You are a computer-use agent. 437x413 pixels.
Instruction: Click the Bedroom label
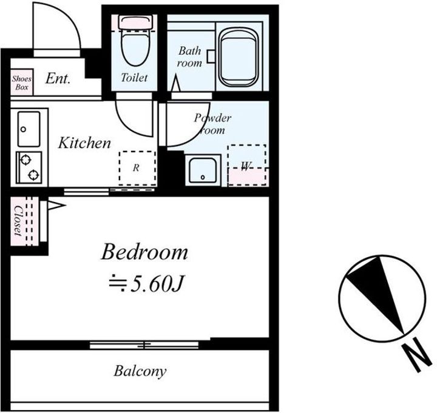[144, 252]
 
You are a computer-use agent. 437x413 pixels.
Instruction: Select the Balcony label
[140, 371]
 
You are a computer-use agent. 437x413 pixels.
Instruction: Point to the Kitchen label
[84, 143]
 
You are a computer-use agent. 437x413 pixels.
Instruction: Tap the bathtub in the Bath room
[238, 58]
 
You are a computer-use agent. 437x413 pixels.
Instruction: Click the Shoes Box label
[22, 82]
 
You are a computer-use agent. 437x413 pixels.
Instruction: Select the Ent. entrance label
[58, 78]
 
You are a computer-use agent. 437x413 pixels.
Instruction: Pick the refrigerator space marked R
[137, 168]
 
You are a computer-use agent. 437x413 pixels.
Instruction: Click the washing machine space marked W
[246, 165]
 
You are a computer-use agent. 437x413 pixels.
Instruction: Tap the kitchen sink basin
[29, 129]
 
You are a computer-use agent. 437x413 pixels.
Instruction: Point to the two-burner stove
[29, 167]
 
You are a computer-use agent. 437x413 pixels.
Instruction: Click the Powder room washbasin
[203, 170]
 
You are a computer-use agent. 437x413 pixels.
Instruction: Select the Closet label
[18, 221]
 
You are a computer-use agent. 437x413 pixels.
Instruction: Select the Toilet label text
[134, 78]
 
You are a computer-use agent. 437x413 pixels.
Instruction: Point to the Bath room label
[189, 57]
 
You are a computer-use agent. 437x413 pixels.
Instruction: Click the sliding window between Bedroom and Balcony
[144, 345]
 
